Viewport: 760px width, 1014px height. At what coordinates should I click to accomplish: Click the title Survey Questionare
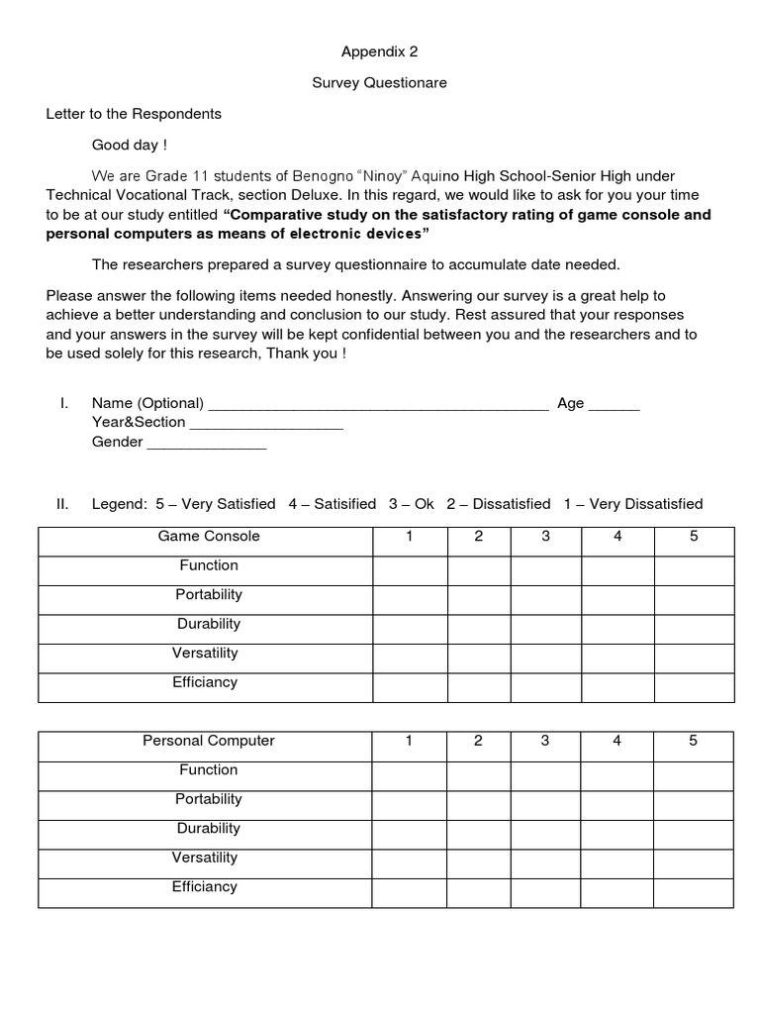(x=379, y=83)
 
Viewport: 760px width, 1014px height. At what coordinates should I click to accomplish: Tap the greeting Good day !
(x=130, y=146)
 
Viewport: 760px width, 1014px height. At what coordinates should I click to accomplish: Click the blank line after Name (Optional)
(x=378, y=405)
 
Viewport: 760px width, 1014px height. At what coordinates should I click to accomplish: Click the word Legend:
(x=120, y=504)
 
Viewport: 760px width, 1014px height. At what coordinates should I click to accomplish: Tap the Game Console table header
(x=209, y=537)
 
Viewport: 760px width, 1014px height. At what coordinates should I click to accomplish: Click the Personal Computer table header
(x=209, y=741)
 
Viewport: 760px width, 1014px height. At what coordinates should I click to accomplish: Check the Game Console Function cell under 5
(x=694, y=571)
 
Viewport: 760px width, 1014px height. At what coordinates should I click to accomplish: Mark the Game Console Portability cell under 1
(x=409, y=600)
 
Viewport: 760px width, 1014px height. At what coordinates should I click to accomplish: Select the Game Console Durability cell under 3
(x=545, y=630)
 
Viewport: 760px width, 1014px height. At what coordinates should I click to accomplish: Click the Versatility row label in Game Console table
(x=205, y=654)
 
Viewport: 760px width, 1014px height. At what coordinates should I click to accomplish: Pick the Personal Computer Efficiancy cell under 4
(x=617, y=892)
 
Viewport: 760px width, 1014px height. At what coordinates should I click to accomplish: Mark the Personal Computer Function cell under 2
(x=478, y=775)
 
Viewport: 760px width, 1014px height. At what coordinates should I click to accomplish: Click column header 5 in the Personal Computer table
(x=694, y=741)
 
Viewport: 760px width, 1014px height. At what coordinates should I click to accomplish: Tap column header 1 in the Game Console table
(x=409, y=537)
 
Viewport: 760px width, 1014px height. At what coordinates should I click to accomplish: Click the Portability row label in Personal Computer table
(x=209, y=799)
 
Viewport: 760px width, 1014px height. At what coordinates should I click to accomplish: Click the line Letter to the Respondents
(x=134, y=114)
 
